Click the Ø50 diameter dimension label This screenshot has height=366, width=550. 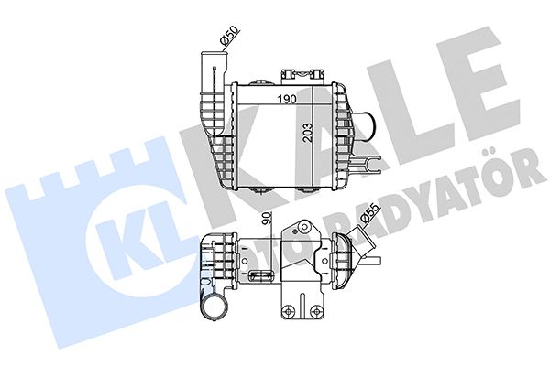tap(229, 37)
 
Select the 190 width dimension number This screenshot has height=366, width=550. tap(287, 100)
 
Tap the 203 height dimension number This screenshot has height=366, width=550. tap(307, 132)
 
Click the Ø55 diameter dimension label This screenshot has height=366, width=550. tap(370, 213)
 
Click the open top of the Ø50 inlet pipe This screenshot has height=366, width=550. tap(214, 54)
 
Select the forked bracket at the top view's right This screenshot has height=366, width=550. tap(368, 165)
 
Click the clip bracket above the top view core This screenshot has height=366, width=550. tap(302, 75)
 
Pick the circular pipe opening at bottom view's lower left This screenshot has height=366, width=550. tap(214, 304)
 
